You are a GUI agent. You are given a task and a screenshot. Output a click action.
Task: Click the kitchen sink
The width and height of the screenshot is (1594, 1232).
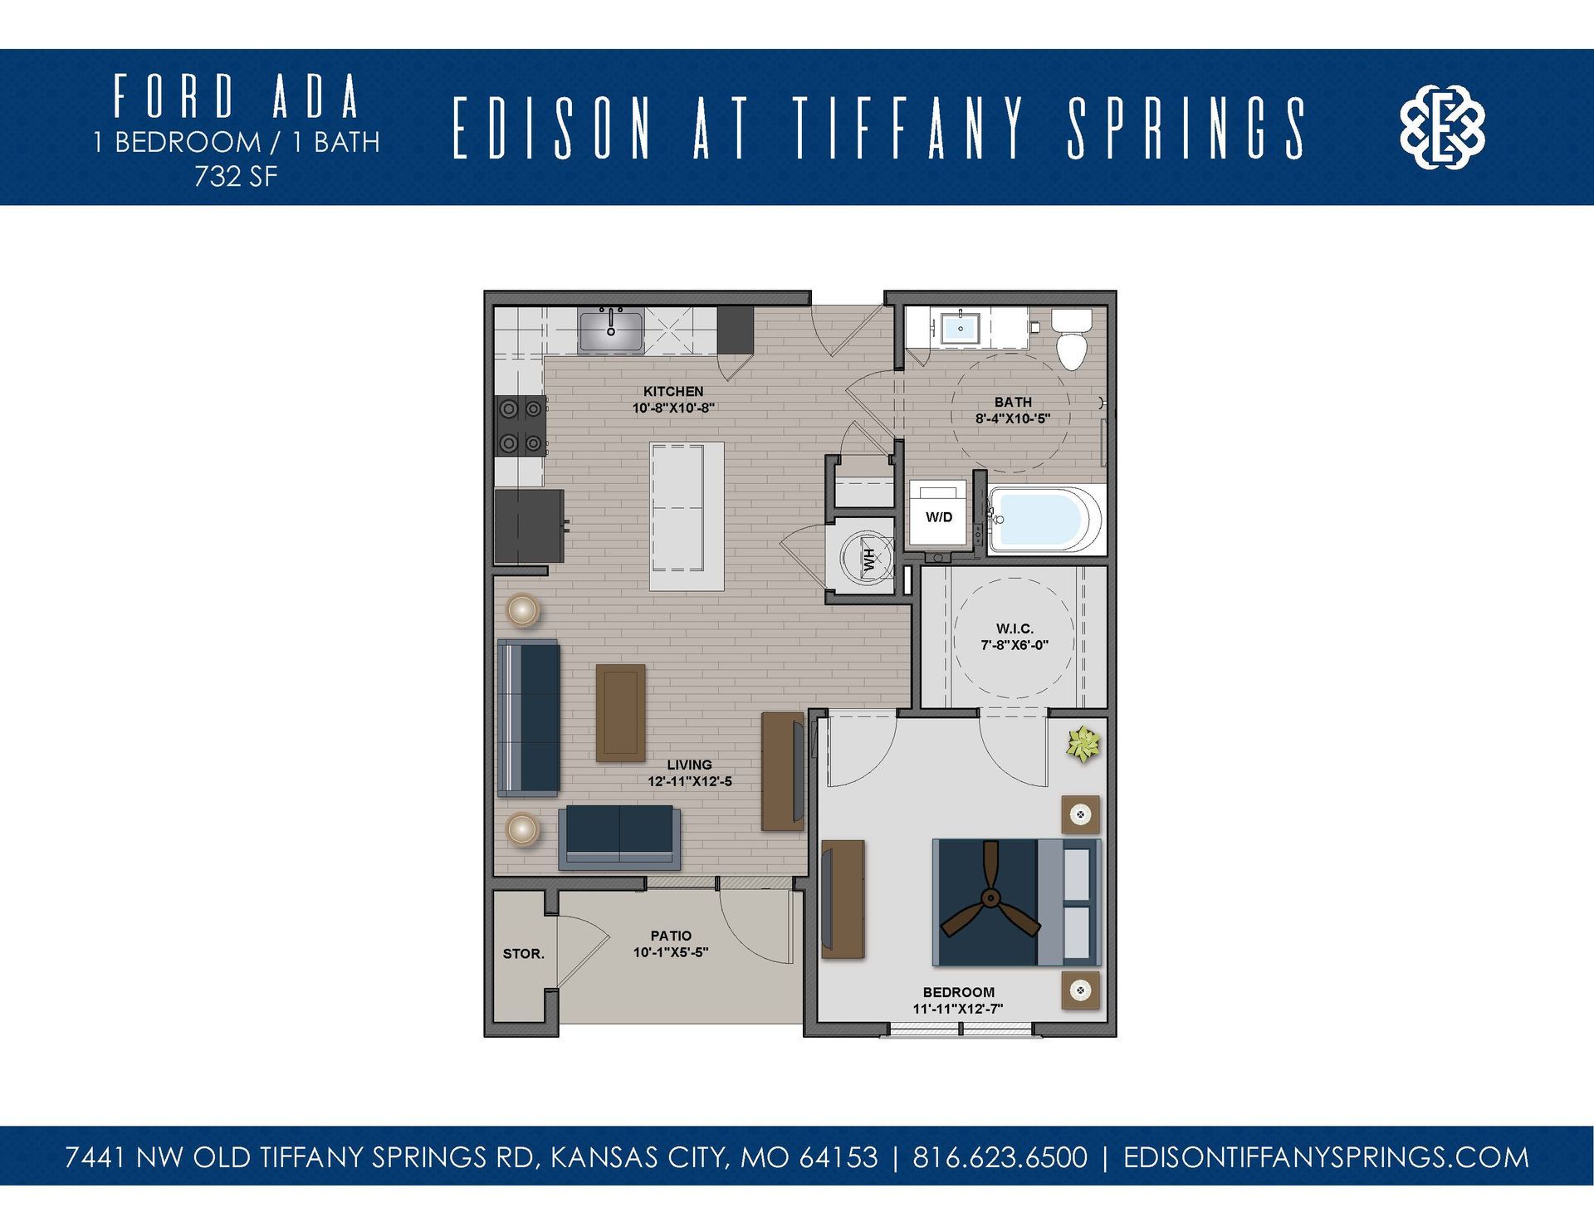click(611, 330)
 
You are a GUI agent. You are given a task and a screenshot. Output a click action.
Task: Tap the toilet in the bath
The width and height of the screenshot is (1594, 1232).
click(1072, 340)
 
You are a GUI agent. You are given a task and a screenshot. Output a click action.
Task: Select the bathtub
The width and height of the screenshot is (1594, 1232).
click(1039, 520)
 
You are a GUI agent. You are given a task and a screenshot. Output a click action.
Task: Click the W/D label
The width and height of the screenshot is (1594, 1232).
click(939, 517)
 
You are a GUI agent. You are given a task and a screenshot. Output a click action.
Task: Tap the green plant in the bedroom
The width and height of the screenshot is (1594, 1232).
click(1083, 744)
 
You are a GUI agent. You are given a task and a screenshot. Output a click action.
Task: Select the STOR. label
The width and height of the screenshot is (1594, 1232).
click(524, 954)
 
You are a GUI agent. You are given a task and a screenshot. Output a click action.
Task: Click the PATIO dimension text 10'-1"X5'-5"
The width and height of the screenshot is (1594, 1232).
click(671, 953)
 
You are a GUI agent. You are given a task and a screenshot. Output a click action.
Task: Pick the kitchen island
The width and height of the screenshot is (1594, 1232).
click(687, 516)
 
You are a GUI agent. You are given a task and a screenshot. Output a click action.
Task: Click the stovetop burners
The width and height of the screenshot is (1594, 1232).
click(521, 426)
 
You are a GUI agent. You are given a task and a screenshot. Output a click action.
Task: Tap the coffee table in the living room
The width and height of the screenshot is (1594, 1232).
click(621, 712)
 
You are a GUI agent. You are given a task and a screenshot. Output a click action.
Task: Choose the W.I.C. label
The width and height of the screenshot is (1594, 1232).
click(1015, 629)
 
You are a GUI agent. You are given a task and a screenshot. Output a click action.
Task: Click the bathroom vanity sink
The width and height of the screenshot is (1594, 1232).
click(961, 328)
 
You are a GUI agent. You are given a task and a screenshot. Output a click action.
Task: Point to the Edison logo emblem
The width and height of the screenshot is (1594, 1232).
click(1442, 127)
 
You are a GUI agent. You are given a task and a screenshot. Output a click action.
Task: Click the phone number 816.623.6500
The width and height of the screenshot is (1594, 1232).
click(1000, 1157)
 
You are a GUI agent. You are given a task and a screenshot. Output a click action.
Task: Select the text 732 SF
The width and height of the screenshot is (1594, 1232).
click(236, 177)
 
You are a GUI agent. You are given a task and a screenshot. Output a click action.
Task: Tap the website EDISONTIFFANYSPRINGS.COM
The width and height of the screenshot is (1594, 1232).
click(1326, 1157)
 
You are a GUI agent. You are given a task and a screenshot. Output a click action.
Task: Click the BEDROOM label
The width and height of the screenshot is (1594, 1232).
click(958, 992)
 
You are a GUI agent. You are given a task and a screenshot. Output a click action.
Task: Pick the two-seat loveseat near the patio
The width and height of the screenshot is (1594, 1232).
click(619, 836)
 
